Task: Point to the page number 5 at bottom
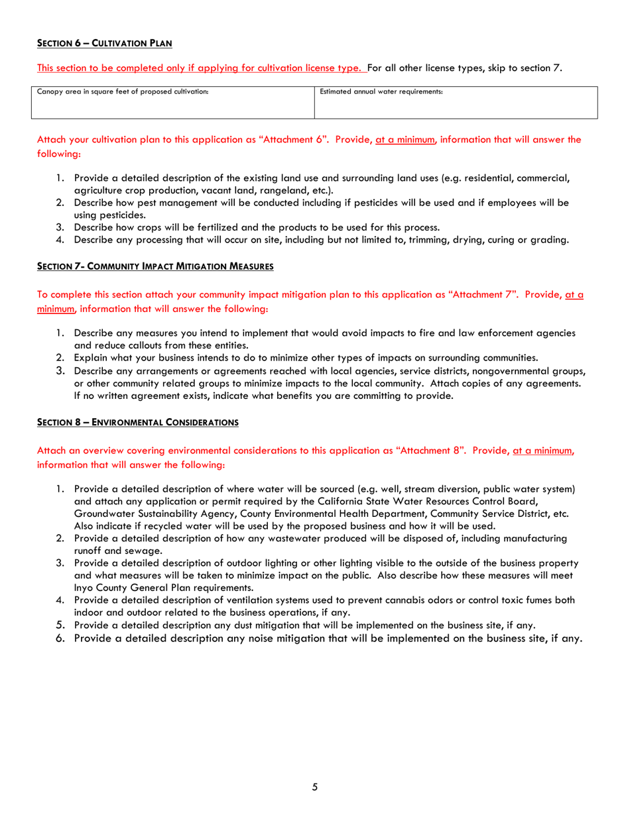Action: tap(315, 787)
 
